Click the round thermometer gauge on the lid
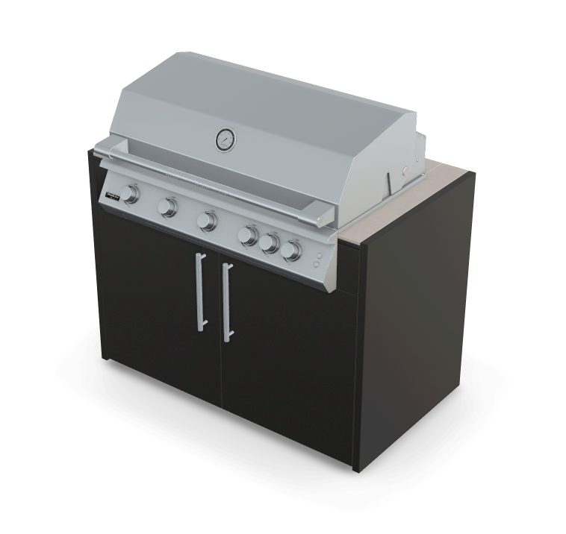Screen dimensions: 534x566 point(225,139)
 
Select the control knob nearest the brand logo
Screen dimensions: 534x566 point(131,194)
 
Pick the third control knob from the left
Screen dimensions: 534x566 point(207,221)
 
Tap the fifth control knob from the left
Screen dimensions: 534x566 point(270,243)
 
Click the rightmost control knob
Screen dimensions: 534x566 point(291,251)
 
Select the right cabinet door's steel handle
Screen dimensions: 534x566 point(226,302)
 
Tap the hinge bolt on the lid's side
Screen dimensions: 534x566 point(404,172)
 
